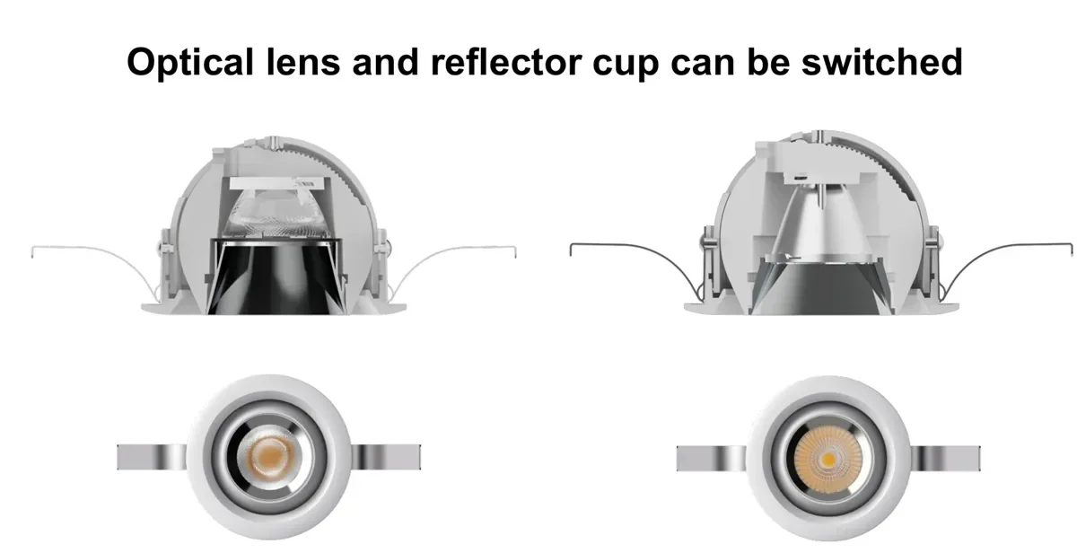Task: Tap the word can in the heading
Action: tap(715, 64)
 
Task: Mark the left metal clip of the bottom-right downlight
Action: tap(705, 456)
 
